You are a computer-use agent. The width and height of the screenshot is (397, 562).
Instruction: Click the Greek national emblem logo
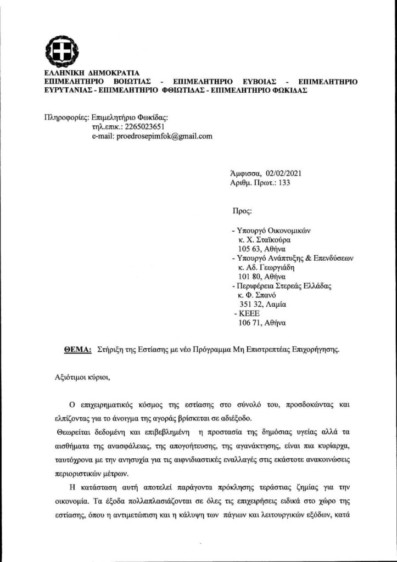[x=58, y=52]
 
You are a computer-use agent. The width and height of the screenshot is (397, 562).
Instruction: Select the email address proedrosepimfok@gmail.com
[x=152, y=137]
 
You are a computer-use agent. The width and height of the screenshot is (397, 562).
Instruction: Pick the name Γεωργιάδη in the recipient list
[x=276, y=269]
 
